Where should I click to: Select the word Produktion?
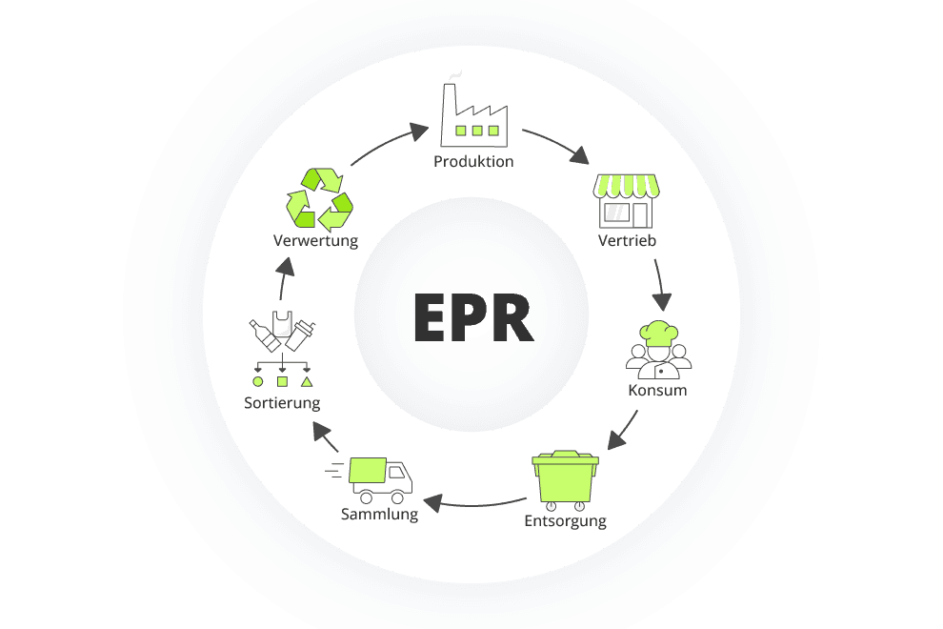tap(473, 162)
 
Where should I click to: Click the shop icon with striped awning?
tap(626, 200)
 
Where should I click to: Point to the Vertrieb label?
tap(627, 240)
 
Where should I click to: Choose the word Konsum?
tap(657, 391)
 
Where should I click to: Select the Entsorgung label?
tap(565, 521)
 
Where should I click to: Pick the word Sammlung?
tap(379, 515)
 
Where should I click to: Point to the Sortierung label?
tap(282, 403)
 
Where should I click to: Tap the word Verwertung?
tap(315, 241)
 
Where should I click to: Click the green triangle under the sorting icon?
tap(307, 381)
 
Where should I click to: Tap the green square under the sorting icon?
tap(282, 381)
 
